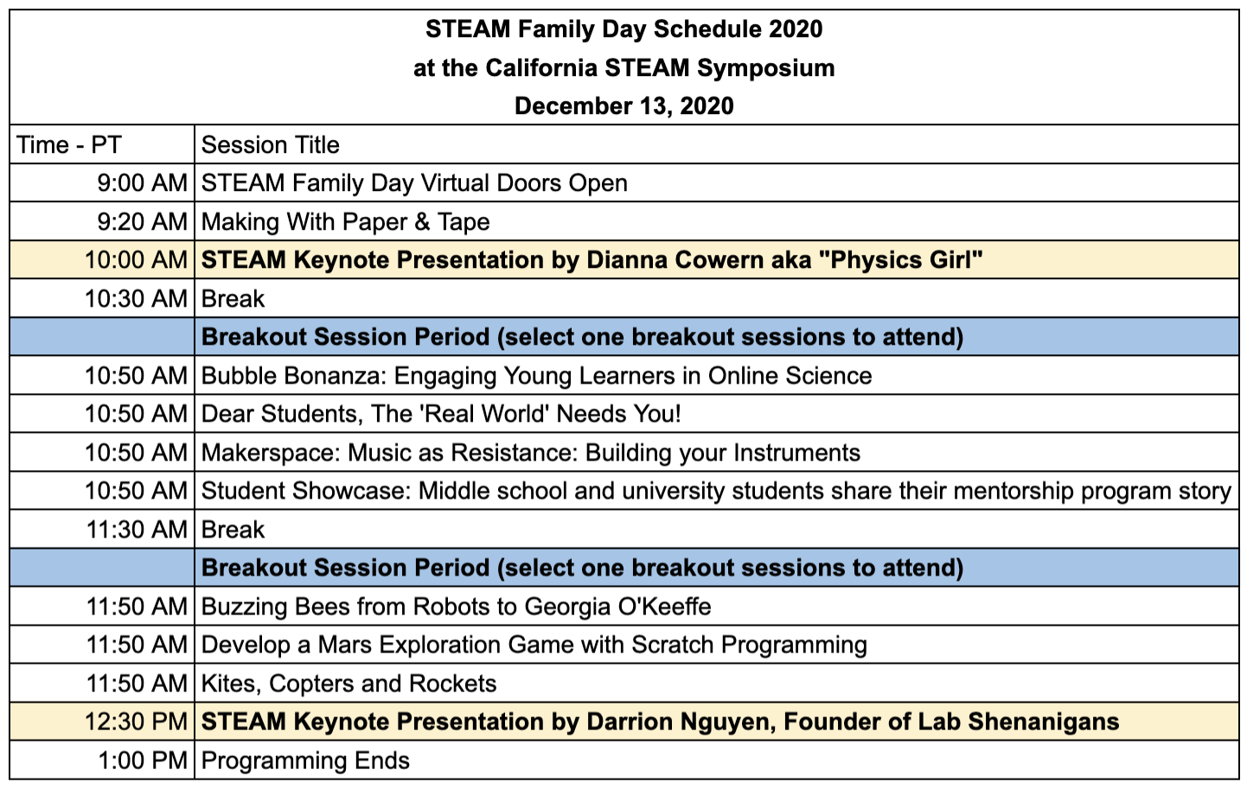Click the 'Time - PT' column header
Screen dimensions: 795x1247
[x=69, y=145]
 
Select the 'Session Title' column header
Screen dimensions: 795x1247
[x=271, y=145]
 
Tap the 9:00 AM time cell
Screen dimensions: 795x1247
[x=142, y=183]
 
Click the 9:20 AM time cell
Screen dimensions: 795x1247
[x=142, y=222]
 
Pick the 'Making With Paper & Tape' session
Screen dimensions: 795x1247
[x=346, y=222]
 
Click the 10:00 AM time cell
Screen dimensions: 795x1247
[x=136, y=260]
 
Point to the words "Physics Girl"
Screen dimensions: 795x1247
[x=905, y=260]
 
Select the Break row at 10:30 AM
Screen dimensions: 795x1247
[x=233, y=299]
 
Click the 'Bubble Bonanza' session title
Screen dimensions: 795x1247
[x=536, y=376]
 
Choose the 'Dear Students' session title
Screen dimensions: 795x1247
[x=441, y=414]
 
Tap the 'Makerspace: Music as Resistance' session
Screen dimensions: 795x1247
[x=531, y=453]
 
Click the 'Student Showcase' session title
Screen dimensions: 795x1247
[x=716, y=491]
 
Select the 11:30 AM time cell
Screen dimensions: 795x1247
[x=137, y=530]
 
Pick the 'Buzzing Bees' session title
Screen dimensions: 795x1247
[x=457, y=607]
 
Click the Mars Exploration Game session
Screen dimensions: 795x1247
[x=534, y=645]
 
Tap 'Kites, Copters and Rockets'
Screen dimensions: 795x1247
[x=349, y=684]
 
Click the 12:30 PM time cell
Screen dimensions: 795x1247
[x=136, y=722]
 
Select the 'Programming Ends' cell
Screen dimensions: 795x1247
[x=306, y=760]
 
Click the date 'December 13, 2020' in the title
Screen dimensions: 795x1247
[x=623, y=106]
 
